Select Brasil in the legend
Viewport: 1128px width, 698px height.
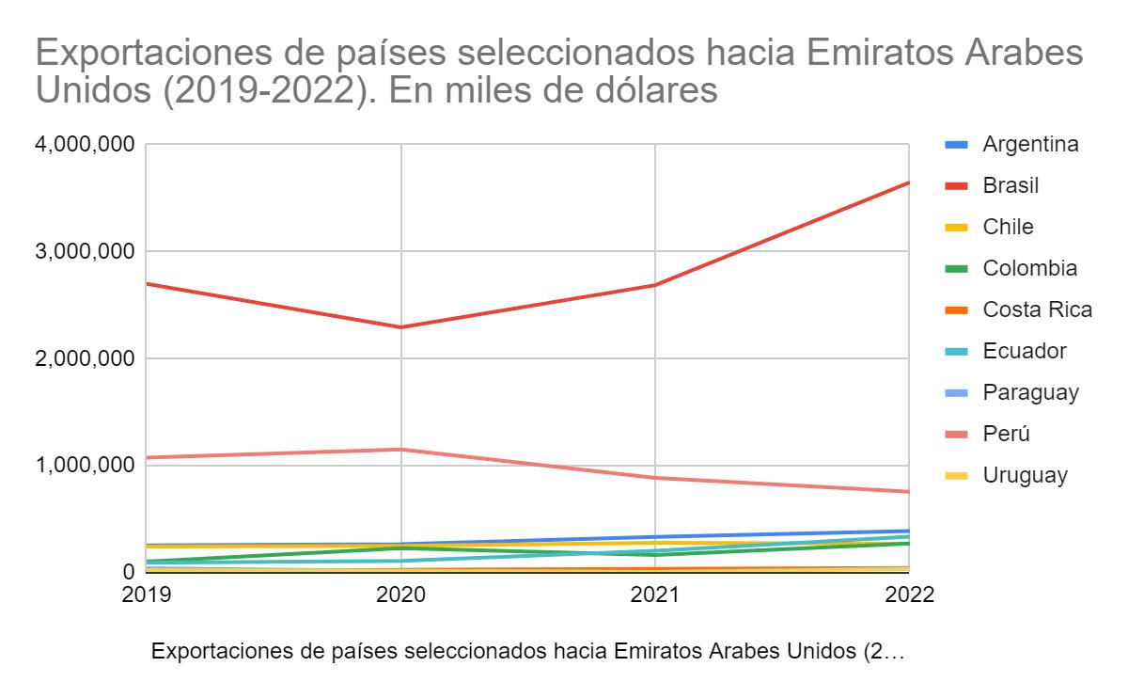(1010, 185)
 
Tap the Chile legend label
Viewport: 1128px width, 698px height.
(1008, 227)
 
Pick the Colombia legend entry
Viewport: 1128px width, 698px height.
(1029, 268)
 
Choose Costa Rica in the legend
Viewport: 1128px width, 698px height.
(1037, 309)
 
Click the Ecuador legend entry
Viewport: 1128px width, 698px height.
(1025, 351)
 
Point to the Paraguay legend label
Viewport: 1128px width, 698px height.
(1030, 392)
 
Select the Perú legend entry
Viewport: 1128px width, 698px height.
(1005, 434)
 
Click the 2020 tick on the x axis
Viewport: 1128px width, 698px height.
(401, 595)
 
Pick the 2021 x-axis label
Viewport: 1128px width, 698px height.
(655, 595)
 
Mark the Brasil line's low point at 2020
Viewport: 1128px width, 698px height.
(401, 327)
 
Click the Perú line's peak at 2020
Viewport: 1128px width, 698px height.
(401, 450)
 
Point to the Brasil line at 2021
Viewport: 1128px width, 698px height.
(655, 285)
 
